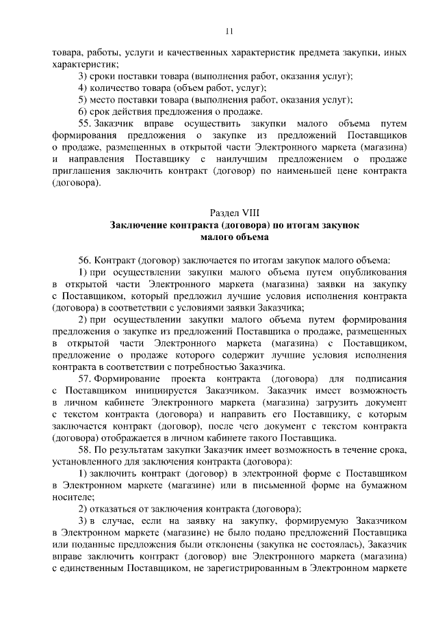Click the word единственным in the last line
click(93, 568)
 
